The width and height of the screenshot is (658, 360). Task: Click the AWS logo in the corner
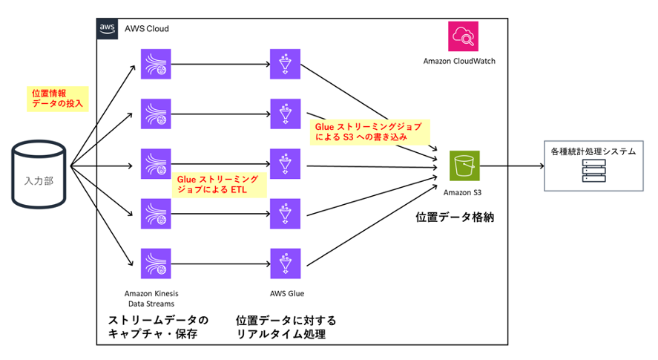(108, 28)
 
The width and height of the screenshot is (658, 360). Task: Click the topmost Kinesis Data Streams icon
(156, 63)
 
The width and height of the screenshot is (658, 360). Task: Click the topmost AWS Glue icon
(286, 63)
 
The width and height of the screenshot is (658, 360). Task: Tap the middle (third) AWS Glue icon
(286, 164)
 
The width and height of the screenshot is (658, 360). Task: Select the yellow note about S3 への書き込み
(369, 131)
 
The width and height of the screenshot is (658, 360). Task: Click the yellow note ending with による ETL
(218, 184)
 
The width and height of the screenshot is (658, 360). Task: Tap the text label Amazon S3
(464, 193)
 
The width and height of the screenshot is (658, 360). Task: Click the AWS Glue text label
(285, 293)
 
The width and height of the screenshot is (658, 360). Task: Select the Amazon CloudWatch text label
(459, 61)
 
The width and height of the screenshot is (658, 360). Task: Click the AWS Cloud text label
(147, 28)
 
